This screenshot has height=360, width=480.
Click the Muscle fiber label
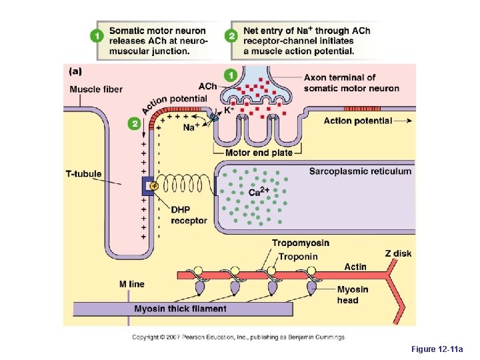pyautogui.click(x=96, y=90)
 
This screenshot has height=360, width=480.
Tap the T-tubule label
pyautogui.click(x=84, y=174)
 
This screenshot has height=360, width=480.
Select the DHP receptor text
pyautogui.click(x=189, y=215)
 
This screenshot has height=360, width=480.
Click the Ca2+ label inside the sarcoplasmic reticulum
pyautogui.click(x=259, y=192)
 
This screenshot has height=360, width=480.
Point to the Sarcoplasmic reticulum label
pyautogui.click(x=360, y=171)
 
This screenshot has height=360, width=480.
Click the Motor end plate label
pyautogui.click(x=259, y=153)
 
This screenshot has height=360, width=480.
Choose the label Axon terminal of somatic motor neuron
pyautogui.click(x=351, y=83)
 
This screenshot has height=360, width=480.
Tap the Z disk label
pyautogui.click(x=397, y=253)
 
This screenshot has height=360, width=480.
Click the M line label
pyautogui.click(x=131, y=284)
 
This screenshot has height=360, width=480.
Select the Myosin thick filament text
pyautogui.click(x=180, y=309)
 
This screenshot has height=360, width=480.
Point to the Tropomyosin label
pyautogui.click(x=300, y=243)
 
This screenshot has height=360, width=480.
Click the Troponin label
pyautogui.click(x=298, y=256)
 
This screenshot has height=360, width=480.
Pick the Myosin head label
pyautogui.click(x=352, y=295)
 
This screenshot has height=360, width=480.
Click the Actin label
pyautogui.click(x=355, y=267)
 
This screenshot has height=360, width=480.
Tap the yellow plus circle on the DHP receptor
pyautogui.click(x=154, y=186)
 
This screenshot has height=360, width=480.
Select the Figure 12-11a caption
pyautogui.click(x=441, y=349)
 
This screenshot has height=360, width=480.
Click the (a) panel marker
pyautogui.click(x=76, y=70)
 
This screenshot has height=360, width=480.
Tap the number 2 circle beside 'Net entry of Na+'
pyautogui.click(x=231, y=36)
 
